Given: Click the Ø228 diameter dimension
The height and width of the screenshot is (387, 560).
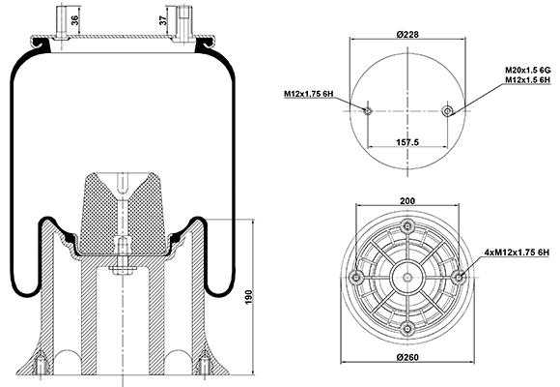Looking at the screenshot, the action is [x=407, y=35].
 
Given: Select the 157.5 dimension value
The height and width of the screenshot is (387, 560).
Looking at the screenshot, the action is [x=407, y=142].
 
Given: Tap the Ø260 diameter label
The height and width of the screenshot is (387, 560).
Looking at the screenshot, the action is [x=407, y=357].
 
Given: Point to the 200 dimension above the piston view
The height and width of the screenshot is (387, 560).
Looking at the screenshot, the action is [x=407, y=201].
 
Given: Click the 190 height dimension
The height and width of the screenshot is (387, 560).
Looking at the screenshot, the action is [x=248, y=297].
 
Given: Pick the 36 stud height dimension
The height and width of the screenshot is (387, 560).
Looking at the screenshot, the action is [x=74, y=20].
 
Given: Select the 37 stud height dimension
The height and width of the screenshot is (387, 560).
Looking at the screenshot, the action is [x=163, y=20].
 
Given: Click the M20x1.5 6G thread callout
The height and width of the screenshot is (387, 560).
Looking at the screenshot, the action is [x=527, y=70].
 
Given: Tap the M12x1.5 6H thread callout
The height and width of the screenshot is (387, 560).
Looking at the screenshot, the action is [x=527, y=80].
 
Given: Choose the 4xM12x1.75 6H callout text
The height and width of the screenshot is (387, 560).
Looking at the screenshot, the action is [x=517, y=253].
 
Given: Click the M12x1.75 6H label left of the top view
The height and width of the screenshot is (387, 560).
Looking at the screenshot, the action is [x=309, y=94].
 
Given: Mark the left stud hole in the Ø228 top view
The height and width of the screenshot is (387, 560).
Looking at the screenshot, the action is [x=368, y=110].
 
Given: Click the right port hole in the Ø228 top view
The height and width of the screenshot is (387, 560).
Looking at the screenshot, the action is [x=447, y=111].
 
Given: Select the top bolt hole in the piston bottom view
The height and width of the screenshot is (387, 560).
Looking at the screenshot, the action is [x=407, y=225].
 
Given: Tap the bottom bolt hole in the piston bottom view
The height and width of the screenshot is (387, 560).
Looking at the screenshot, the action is [x=407, y=328].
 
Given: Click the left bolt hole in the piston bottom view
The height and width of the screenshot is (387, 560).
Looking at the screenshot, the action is [x=356, y=277].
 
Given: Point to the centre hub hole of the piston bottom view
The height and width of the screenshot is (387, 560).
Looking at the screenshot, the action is [x=407, y=277].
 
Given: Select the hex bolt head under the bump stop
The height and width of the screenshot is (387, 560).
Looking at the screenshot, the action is [x=123, y=270].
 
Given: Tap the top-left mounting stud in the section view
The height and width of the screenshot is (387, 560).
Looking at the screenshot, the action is [x=62, y=21].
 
